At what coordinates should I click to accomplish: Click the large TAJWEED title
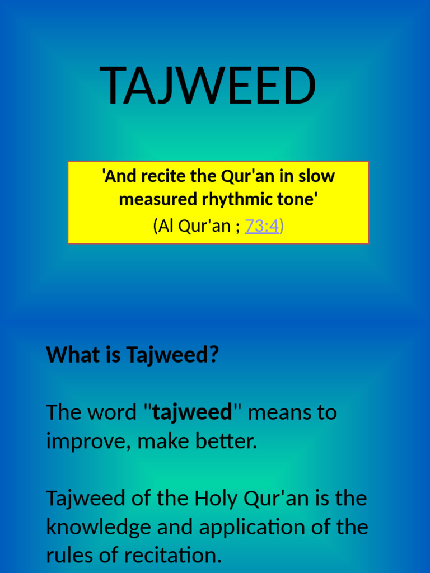[x=208, y=86]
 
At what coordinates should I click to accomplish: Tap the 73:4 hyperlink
[x=262, y=226]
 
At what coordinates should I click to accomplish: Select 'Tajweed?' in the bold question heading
[x=172, y=355]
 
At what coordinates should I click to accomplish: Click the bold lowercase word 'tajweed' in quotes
[x=192, y=412]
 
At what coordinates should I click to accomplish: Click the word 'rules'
[x=68, y=556]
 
